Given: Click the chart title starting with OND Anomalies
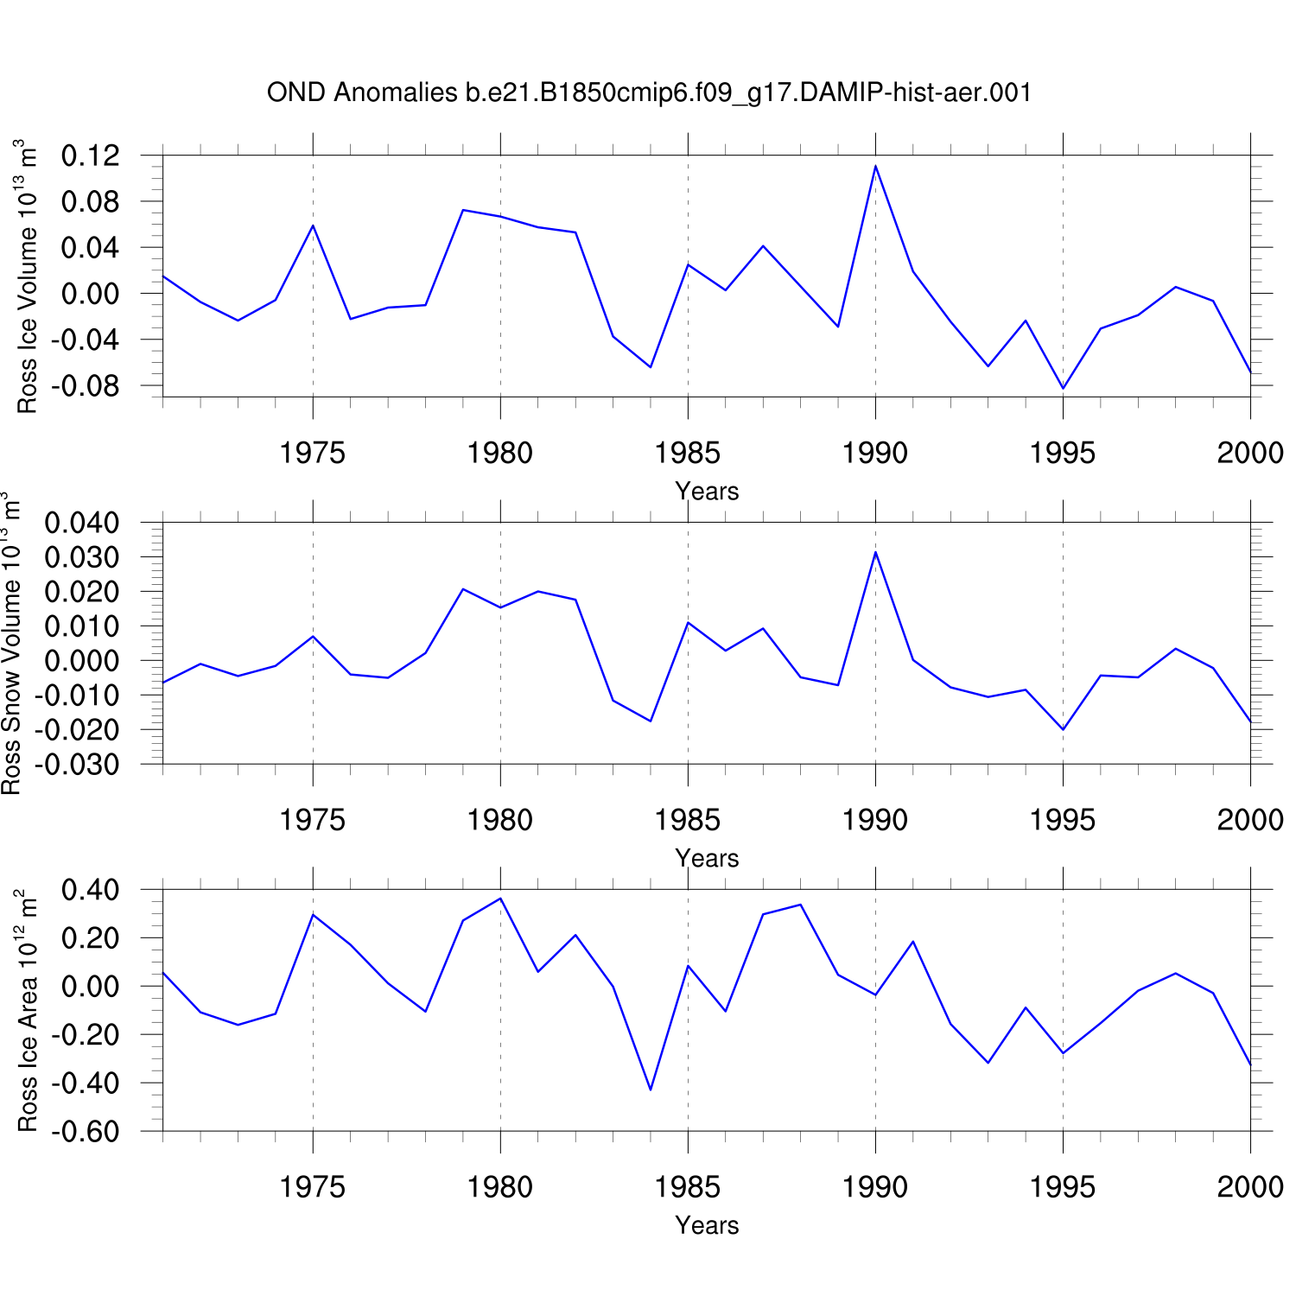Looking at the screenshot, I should [649, 92].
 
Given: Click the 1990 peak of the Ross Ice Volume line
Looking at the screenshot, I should [875, 166].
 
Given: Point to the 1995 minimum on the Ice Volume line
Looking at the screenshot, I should [1063, 388].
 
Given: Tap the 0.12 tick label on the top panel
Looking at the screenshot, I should [91, 156].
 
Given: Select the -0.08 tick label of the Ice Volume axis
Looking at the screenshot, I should [86, 385].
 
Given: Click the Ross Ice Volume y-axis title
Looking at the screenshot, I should [28, 276].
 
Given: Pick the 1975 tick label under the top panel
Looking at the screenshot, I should [313, 453].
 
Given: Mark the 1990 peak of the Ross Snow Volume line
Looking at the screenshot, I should [875, 552].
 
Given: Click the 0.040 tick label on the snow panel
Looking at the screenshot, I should [82, 523].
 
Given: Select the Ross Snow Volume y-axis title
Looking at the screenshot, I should [11, 644].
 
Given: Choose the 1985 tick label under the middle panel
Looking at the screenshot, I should [688, 820].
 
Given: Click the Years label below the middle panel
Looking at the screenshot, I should [707, 858].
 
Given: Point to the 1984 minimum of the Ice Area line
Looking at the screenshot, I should [651, 1090].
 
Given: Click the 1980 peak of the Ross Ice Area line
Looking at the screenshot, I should [500, 899].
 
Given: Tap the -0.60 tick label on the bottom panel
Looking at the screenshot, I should [86, 1132].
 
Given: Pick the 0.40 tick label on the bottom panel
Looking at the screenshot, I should [91, 890].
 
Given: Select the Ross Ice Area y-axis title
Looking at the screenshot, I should [28, 1011].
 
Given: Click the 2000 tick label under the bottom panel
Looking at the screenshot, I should [1250, 1187].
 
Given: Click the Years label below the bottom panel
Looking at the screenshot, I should [707, 1225].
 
